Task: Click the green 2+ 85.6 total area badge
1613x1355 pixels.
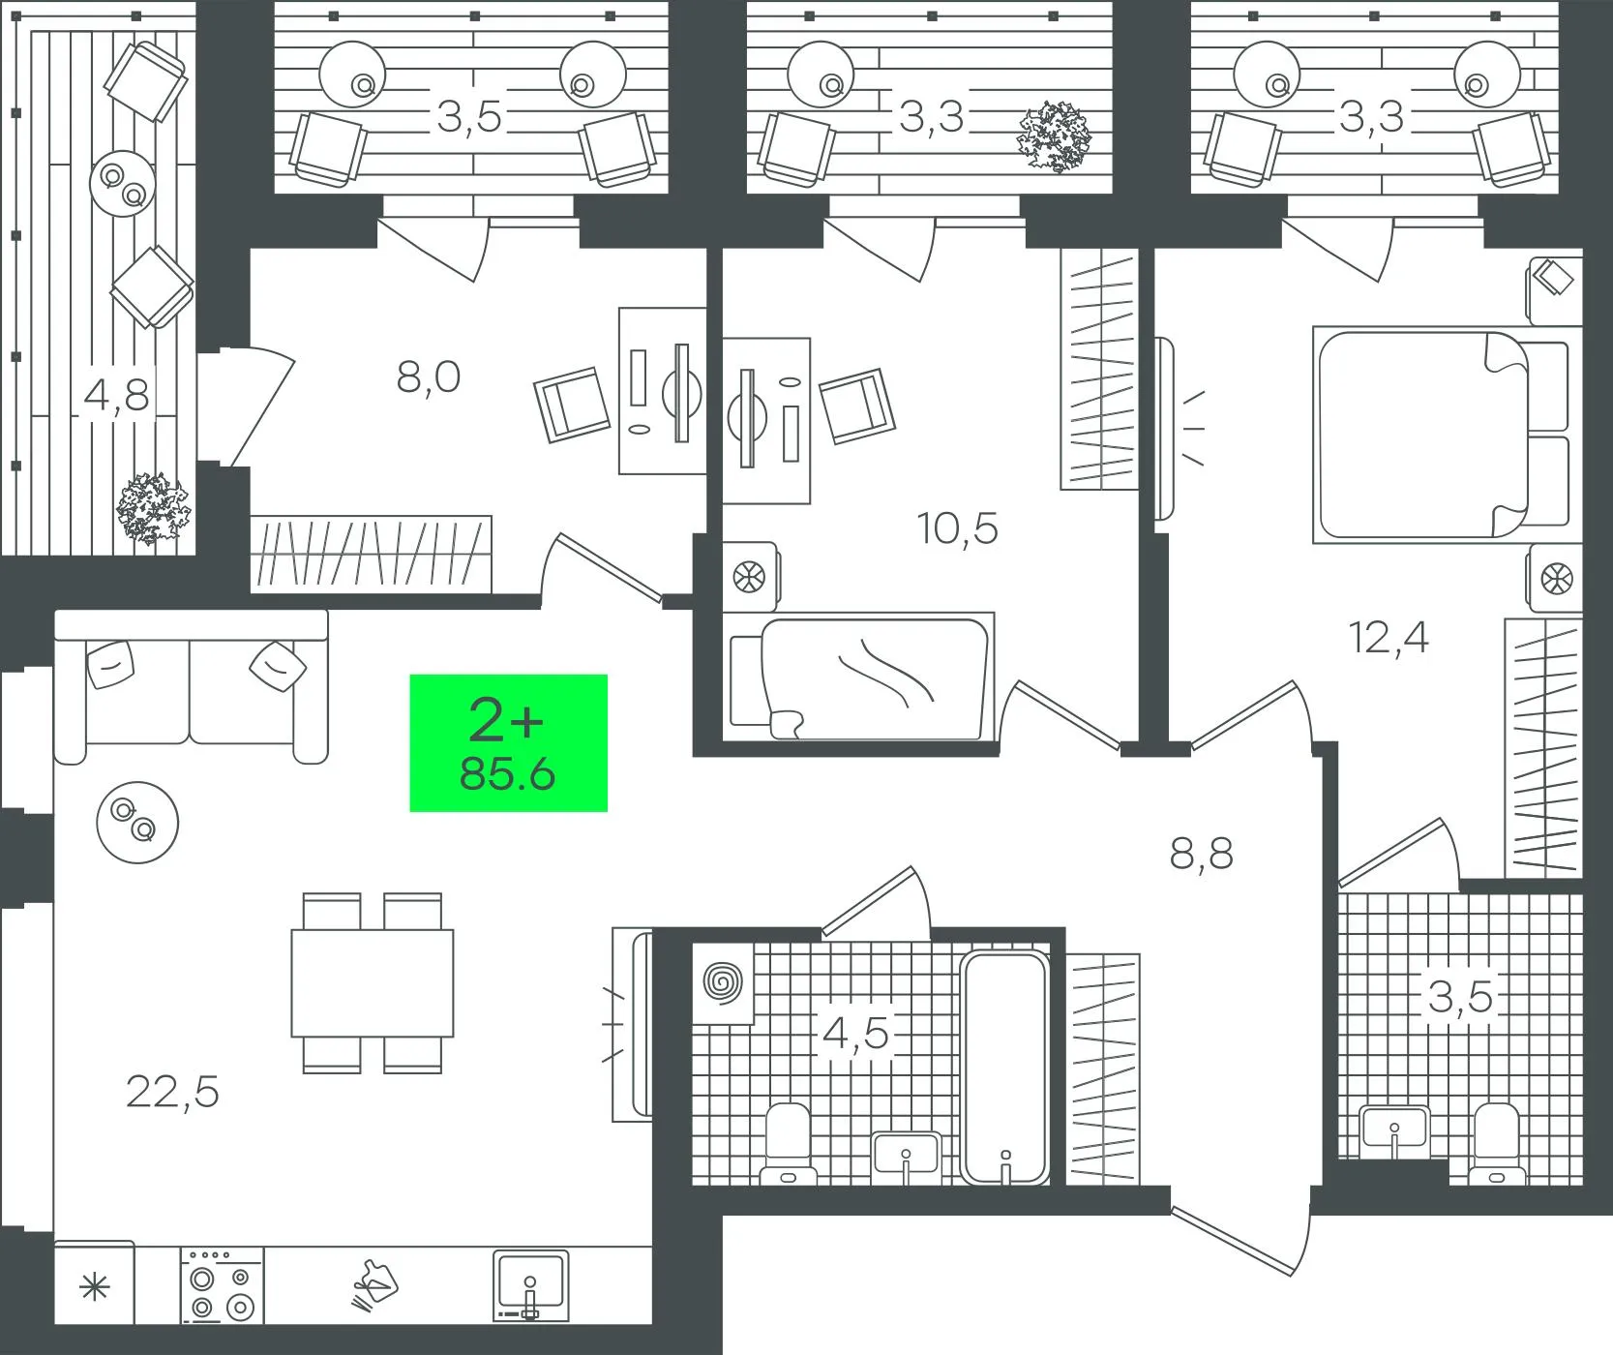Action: [509, 742]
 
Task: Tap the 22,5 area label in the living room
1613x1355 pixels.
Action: [172, 1092]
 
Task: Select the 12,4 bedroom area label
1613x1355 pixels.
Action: [1389, 638]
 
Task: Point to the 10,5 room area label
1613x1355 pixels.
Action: [958, 528]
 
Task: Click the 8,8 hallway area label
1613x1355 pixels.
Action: [1202, 855]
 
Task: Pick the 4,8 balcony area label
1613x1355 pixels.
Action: [116, 395]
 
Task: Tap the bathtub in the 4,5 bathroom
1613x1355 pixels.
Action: [1005, 1067]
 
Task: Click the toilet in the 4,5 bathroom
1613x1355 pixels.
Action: [788, 1144]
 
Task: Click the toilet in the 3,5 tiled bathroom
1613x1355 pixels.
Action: [1497, 1144]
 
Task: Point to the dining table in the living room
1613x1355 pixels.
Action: [373, 982]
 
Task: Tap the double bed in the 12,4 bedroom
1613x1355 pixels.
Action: [1440, 435]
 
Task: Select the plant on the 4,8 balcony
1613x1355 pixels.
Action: [153, 508]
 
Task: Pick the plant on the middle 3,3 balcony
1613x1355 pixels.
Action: [1054, 135]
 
